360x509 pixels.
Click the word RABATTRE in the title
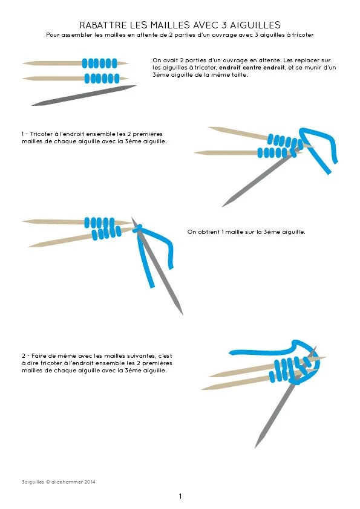[102, 25]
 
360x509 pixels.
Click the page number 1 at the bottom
[180, 496]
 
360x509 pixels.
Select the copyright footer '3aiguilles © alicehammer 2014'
[59, 482]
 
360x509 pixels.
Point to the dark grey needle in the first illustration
[84, 96]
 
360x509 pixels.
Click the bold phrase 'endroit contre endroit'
[252, 68]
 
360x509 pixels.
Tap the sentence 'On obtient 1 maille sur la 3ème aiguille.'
[246, 232]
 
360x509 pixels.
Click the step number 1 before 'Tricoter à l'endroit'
[23, 134]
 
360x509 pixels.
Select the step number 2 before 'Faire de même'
[24, 356]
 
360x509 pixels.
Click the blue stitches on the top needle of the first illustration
[99, 63]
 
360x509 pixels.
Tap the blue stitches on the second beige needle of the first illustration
[102, 79]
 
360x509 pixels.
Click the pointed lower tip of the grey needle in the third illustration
[183, 314]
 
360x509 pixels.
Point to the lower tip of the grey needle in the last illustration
[255, 447]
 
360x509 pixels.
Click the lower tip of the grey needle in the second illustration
[223, 207]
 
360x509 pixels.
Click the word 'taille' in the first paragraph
[240, 75]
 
